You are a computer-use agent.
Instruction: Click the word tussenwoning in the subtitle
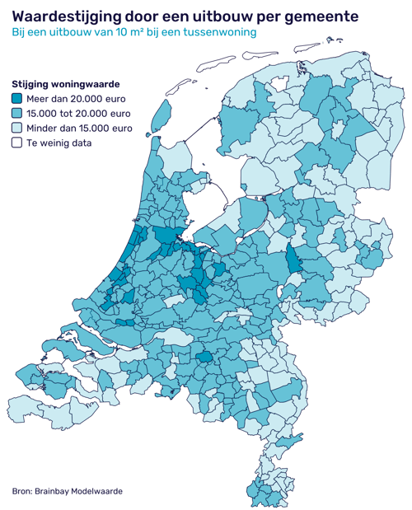point(221,33)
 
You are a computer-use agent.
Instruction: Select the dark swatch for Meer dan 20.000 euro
point(16,99)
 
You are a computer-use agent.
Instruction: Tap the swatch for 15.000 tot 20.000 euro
point(16,114)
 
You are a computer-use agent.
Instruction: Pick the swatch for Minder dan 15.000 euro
point(16,129)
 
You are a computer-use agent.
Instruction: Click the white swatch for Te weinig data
point(16,143)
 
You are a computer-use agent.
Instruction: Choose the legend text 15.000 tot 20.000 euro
point(79,114)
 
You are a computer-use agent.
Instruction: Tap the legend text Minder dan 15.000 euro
point(79,129)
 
